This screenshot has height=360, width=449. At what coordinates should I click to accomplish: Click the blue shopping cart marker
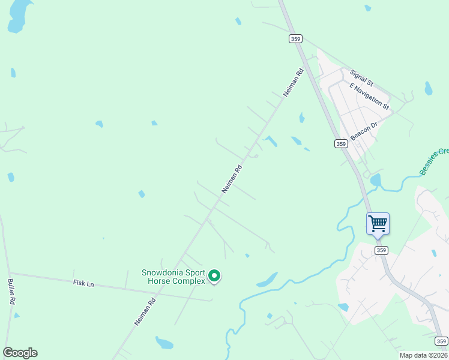378,224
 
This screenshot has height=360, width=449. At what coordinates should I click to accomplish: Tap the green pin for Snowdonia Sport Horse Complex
214,277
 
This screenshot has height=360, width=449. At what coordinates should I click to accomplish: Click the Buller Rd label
11,291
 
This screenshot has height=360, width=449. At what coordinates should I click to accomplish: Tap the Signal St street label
362,77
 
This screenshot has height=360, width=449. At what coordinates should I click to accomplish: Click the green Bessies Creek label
433,161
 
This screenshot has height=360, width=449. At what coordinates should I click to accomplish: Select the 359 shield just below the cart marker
380,250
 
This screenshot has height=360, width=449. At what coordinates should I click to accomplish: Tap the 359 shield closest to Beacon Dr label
341,143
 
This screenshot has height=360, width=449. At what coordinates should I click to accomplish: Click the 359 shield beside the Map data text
441,341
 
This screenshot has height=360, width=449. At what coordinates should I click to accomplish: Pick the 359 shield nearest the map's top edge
295,38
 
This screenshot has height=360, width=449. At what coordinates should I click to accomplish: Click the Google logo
20,353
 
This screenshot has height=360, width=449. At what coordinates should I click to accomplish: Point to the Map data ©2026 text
423,355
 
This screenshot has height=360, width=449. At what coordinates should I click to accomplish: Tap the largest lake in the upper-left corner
18,15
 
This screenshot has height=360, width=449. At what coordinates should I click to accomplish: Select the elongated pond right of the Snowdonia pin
267,280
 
